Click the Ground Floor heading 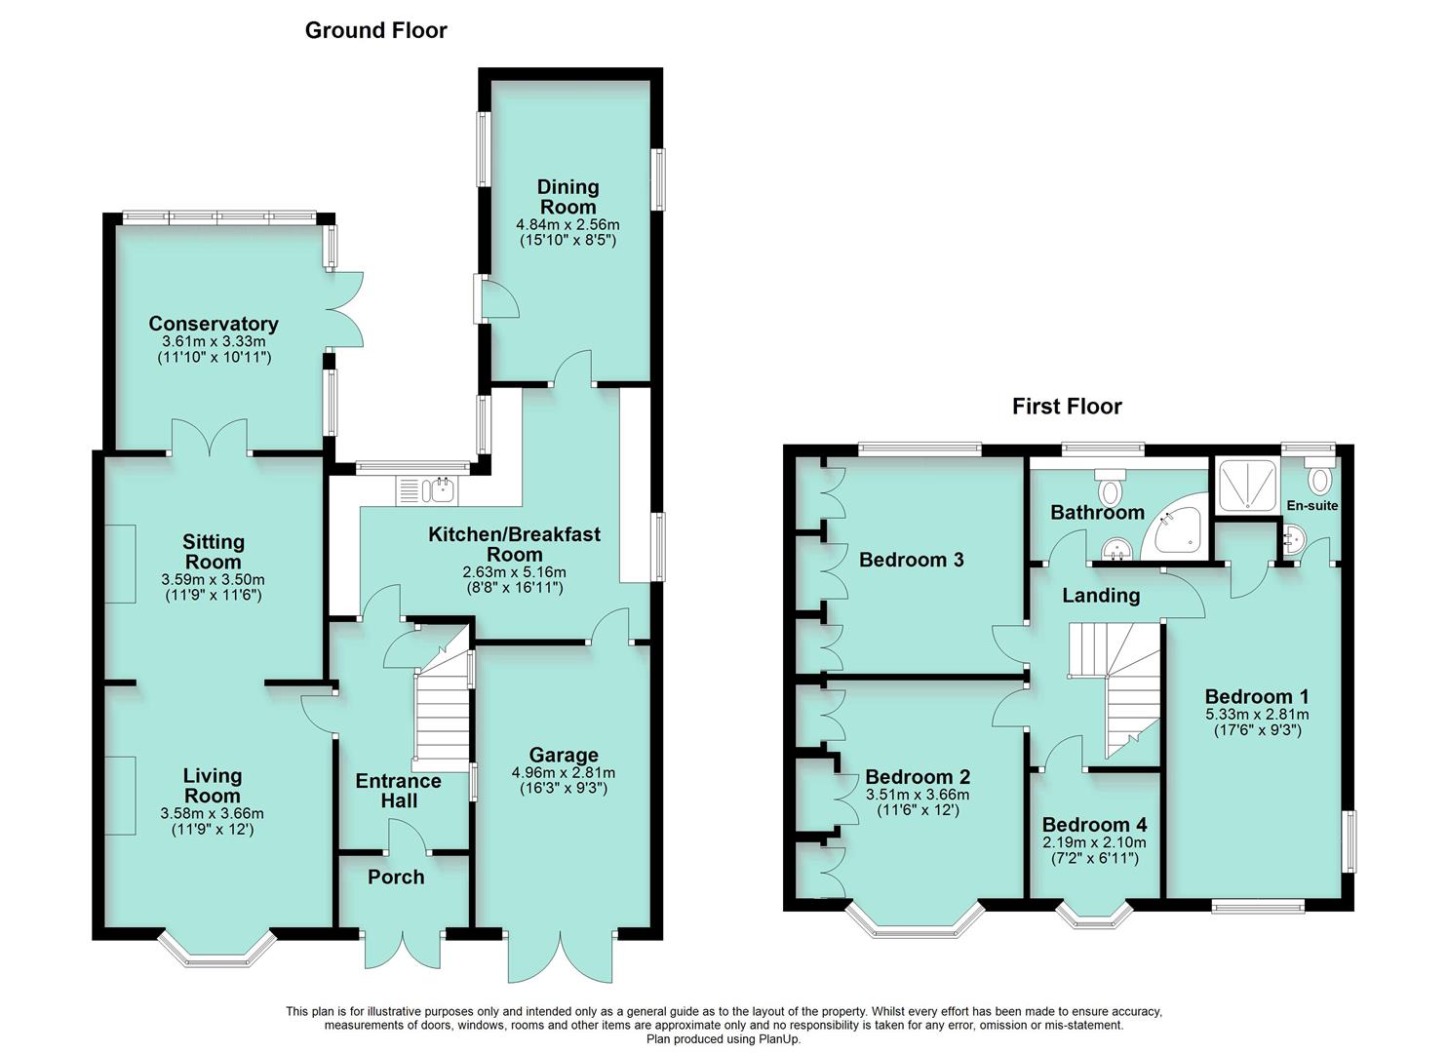click(375, 30)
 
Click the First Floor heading click(1066, 407)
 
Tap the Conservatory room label click(214, 324)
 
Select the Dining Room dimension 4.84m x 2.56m click(567, 224)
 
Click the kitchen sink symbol click(427, 489)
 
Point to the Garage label click(564, 755)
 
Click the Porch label click(396, 877)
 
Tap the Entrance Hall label click(398, 791)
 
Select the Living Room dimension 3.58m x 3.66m click(213, 813)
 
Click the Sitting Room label click(214, 552)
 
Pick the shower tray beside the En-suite click(1245, 485)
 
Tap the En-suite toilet click(1319, 480)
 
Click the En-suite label click(1311, 506)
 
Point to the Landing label click(1101, 595)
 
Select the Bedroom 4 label click(1094, 825)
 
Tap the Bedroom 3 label click(911, 560)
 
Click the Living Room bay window click(217, 954)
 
